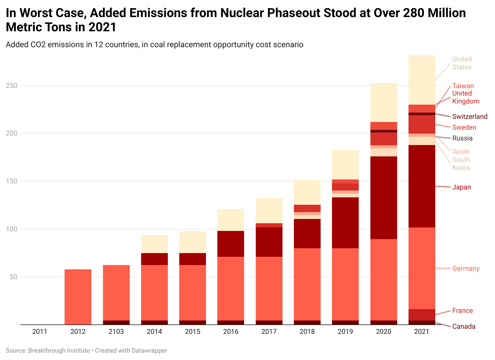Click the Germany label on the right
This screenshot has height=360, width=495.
[x=466, y=268]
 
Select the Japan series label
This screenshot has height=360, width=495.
[x=461, y=187]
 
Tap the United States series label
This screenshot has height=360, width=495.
[x=462, y=63]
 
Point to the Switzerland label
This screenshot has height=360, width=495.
[x=470, y=117]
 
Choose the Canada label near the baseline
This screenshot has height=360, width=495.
[x=464, y=326]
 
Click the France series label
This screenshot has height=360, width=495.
[x=462, y=311]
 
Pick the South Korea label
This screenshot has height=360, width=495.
[x=461, y=164]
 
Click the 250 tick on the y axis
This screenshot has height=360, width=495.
[x=11, y=86]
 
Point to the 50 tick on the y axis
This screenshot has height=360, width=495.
[x=13, y=277]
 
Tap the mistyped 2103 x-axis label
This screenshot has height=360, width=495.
[x=116, y=332]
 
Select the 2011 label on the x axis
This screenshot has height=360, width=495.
[x=40, y=332]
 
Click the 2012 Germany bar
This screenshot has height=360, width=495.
[x=78, y=297]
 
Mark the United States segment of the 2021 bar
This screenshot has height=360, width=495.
[x=422, y=80]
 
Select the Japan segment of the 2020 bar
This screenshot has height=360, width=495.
[x=383, y=198]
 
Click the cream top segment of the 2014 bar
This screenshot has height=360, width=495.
[x=154, y=244]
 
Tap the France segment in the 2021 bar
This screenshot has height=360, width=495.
[x=422, y=315]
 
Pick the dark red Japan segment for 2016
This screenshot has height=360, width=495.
[x=231, y=244]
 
